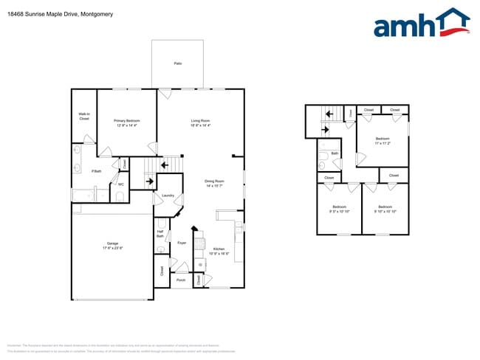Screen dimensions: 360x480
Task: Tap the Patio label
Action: point(178,63)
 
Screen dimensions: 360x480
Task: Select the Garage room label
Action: point(112,246)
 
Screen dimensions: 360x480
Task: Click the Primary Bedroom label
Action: point(126,122)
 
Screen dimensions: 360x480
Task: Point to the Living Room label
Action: point(201,122)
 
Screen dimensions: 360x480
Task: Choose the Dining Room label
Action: point(214,183)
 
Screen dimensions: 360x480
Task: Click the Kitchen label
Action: point(219,251)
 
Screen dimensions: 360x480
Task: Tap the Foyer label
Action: point(182,242)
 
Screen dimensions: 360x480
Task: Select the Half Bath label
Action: point(160,233)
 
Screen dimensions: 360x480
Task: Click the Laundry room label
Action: point(168,195)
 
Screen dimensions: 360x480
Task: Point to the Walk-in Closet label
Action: point(84,116)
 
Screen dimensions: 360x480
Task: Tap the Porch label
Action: point(181,280)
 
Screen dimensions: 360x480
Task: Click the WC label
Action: point(121,184)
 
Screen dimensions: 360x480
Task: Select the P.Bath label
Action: point(96,171)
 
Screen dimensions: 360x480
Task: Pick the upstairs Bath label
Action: point(335,153)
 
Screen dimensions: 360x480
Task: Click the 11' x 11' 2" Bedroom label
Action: point(382,140)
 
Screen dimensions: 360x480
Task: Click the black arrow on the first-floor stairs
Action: point(150,179)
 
